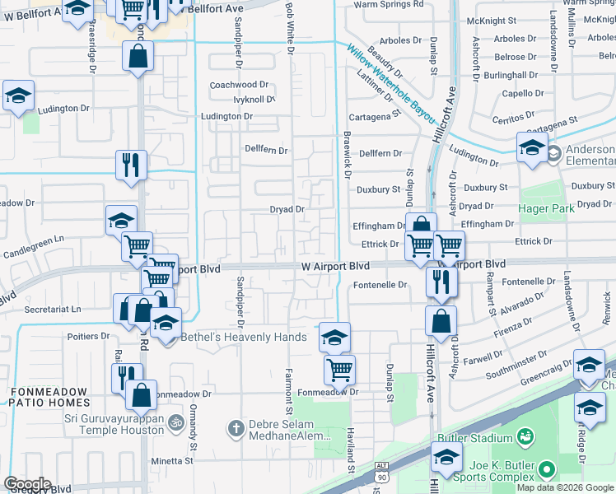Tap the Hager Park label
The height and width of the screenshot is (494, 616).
[546, 208]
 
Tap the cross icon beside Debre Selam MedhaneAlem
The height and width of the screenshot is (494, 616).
[236, 428]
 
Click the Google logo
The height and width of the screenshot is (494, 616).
[27, 483]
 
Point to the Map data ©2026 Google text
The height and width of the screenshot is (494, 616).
[566, 487]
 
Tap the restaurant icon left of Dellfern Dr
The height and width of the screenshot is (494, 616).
[132, 164]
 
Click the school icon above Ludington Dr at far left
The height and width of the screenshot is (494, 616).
[18, 96]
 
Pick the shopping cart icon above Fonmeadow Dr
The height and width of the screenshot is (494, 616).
[339, 370]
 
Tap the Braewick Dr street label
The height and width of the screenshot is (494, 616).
[347, 159]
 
